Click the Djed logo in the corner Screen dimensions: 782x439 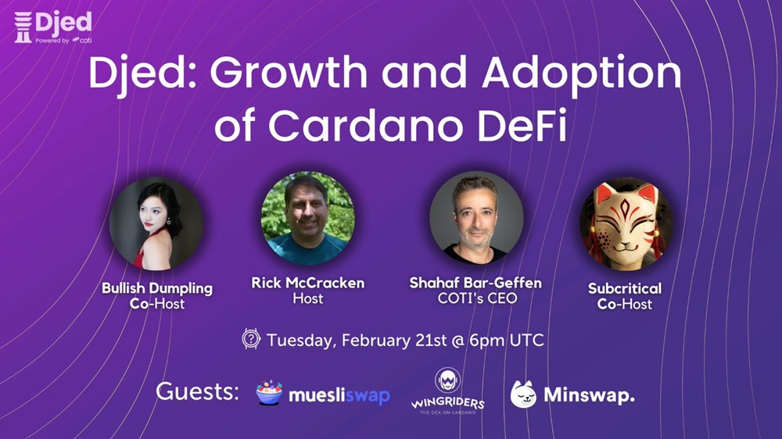point(53,27)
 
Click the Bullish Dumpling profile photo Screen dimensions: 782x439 point(156,223)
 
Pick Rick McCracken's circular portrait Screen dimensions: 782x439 point(307,218)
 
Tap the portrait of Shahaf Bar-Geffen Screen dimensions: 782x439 point(476,218)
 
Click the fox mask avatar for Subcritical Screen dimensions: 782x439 point(626,223)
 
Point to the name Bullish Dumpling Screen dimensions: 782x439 point(157,288)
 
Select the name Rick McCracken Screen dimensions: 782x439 point(307,283)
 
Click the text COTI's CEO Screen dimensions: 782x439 point(477,298)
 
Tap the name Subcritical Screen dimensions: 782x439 point(625,288)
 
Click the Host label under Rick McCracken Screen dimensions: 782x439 point(307,298)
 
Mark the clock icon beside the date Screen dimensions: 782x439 point(251,339)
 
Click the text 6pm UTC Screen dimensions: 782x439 point(507,341)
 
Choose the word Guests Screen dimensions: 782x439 point(198,391)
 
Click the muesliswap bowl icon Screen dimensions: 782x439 point(269,392)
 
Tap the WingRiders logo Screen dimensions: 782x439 point(447,391)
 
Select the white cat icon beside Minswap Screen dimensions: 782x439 point(523,394)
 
